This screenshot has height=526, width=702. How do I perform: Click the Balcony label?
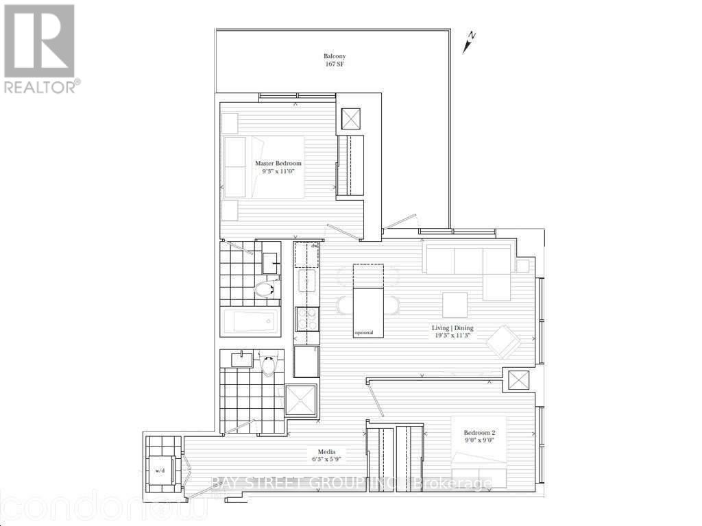(334, 57)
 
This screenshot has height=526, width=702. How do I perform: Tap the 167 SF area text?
(334, 65)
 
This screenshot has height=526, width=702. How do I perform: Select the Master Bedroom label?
(278, 164)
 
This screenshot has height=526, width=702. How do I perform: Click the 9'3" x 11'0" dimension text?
(278, 173)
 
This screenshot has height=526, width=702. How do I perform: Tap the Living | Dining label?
(448, 328)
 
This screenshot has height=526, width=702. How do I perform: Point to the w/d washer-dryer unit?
(162, 471)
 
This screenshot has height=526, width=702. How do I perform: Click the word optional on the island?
(363, 333)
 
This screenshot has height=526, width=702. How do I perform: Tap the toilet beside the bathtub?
(264, 290)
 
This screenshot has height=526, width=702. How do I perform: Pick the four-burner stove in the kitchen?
(306, 318)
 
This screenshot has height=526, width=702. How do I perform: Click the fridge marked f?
(306, 361)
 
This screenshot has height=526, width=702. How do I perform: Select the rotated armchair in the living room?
(506, 340)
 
